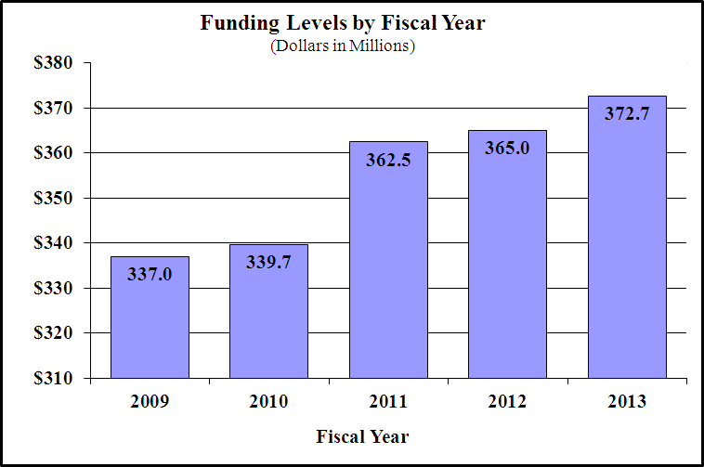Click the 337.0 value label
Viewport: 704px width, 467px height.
[x=150, y=275]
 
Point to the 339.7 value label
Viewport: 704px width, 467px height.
[x=268, y=263]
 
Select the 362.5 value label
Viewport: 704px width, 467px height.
[x=388, y=160]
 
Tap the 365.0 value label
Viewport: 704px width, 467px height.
[x=507, y=149]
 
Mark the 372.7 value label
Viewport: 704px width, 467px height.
[x=627, y=114]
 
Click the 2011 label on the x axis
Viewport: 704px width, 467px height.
[x=388, y=403]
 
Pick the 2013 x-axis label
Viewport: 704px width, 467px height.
[x=627, y=403]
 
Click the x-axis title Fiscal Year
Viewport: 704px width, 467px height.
[x=362, y=435]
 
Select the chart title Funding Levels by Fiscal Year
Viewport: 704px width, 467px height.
[x=343, y=23]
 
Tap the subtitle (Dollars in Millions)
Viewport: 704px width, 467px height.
[x=343, y=45]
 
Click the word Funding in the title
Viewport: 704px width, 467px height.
[x=232, y=23]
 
